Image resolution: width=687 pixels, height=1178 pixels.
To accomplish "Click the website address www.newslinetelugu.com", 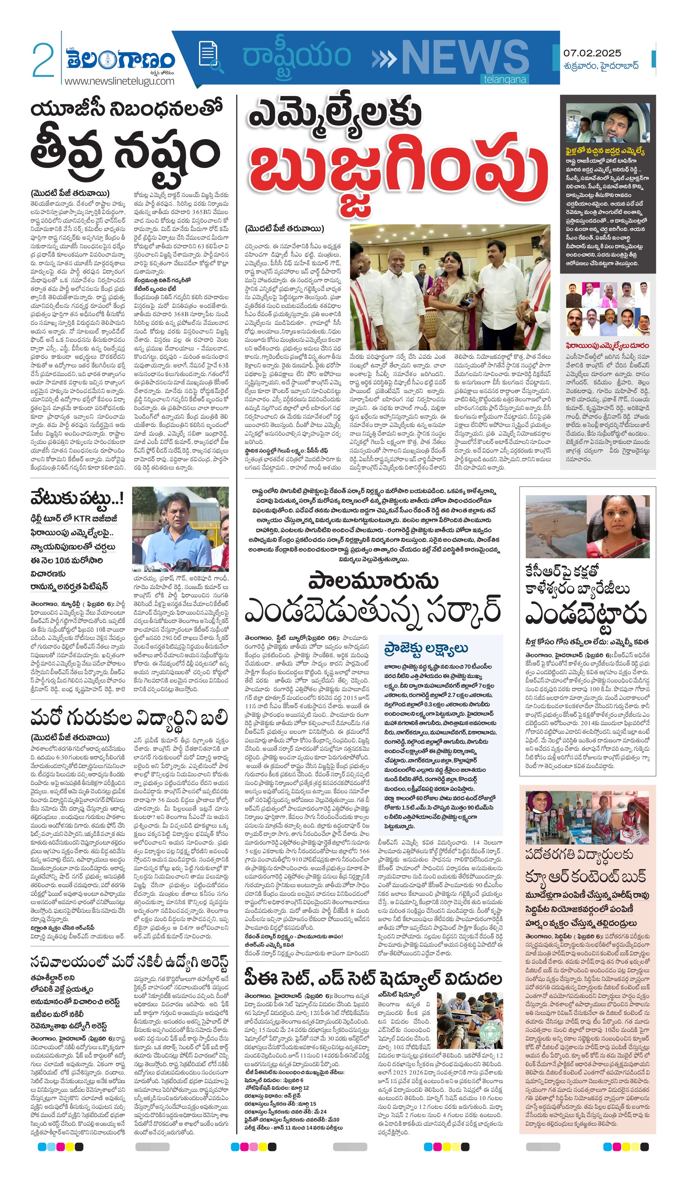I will click(119, 81).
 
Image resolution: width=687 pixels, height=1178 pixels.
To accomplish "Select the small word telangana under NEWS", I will click(505, 80).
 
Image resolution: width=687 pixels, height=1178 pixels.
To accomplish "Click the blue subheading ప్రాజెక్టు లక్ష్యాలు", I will click(426, 648).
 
